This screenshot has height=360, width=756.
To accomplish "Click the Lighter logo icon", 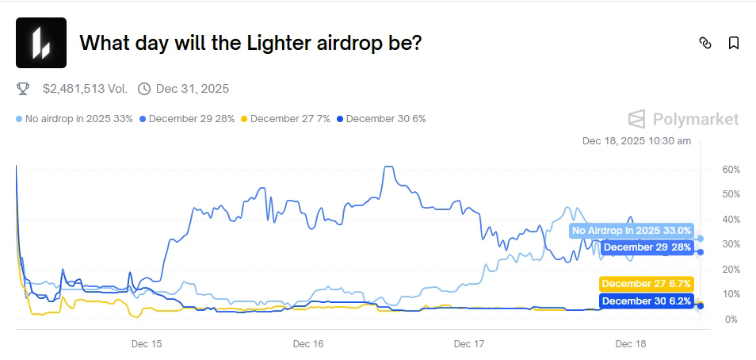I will pos(41,43).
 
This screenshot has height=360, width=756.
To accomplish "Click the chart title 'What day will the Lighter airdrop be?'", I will pos(250,43).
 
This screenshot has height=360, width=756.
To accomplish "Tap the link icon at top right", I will pos(705,43).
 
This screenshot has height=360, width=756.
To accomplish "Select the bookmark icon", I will pos(734,43).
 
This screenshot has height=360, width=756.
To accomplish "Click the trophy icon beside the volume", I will pos(23,88).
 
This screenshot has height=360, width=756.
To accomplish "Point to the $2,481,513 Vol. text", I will pos(85,88).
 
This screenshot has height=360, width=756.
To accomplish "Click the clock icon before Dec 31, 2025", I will pos(144,88).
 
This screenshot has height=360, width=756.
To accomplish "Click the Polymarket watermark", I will pos(683,119).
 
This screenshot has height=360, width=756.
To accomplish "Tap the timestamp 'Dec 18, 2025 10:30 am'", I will pos(636,141).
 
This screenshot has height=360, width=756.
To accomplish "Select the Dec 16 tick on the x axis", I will pos(307,344).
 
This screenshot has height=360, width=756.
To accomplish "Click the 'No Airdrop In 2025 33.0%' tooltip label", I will pos(632,231).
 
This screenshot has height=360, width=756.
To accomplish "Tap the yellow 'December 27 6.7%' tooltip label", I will pos(647,284).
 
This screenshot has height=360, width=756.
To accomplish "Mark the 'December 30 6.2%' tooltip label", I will pos(647,301).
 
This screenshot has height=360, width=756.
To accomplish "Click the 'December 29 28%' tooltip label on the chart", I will pos(647,247).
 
